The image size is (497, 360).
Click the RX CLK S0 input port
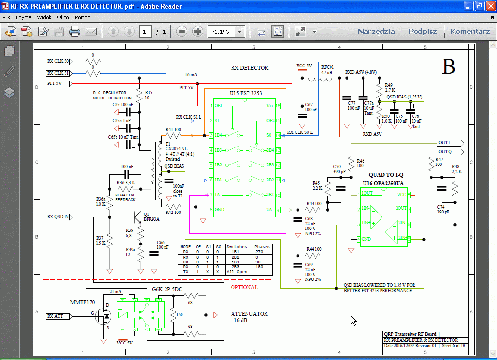pyautogui.click(x=58, y=62)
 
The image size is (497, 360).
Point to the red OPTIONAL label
pyautogui.click(x=244, y=287)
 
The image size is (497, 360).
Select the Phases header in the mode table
pyautogui.click(x=262, y=247)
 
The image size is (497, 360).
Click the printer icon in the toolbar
pyautogui.click(x=74, y=32)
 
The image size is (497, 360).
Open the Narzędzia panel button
pyautogui.click(x=376, y=32)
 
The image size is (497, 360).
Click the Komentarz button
pyautogui.click(x=470, y=32)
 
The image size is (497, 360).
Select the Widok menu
pyautogui.click(x=44, y=17)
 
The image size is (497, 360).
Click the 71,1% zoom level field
pyautogui.click(x=221, y=32)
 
